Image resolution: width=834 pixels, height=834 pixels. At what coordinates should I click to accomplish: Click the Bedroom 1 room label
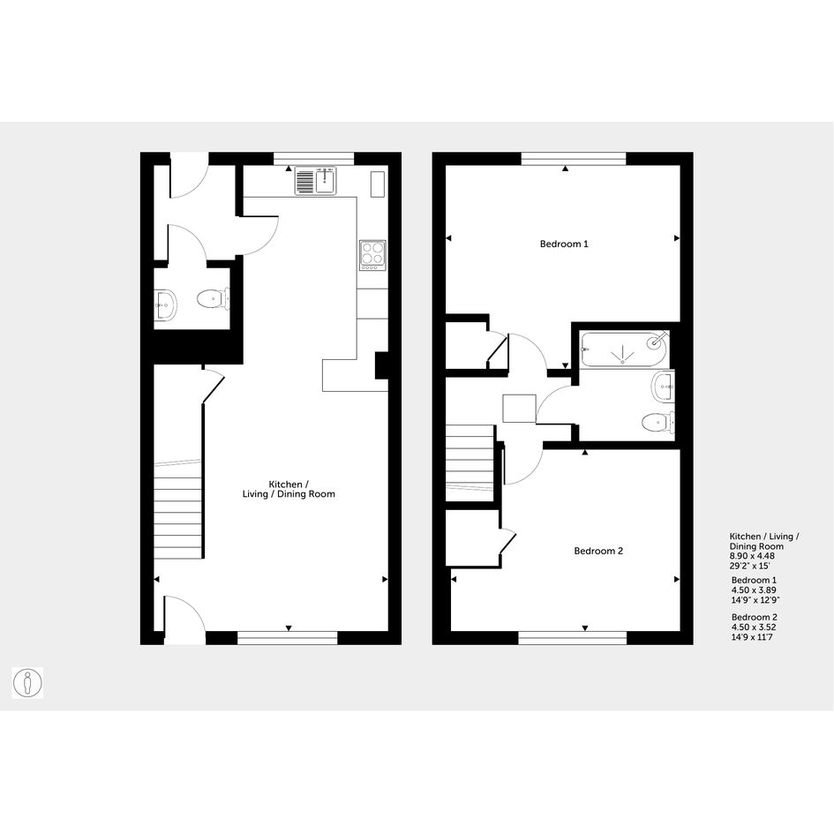coord(564,244)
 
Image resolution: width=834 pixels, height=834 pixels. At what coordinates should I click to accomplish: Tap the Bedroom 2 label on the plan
coord(597,551)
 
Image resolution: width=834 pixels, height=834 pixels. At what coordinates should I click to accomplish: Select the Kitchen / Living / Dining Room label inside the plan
coord(289,489)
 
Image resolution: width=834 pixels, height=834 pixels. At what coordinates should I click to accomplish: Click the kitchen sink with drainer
coord(316,180)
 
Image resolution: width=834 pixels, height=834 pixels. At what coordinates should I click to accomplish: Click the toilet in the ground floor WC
coord(214,299)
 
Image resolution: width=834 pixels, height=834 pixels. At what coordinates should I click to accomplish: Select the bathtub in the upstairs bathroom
coord(623,349)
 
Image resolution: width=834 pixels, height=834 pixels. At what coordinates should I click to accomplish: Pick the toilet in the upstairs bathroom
coord(658,424)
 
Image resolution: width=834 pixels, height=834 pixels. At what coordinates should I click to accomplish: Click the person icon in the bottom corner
coord(27,683)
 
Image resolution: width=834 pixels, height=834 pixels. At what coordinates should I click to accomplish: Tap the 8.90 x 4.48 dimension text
coord(752,556)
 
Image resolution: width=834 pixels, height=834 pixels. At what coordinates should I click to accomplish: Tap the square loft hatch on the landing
coord(519,409)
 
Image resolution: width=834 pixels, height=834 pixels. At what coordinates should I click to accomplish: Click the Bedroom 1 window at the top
coord(574,159)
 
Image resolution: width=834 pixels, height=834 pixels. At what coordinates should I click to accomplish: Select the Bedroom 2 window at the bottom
coord(572,638)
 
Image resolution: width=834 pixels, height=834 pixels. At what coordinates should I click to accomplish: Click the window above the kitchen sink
coord(314,159)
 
